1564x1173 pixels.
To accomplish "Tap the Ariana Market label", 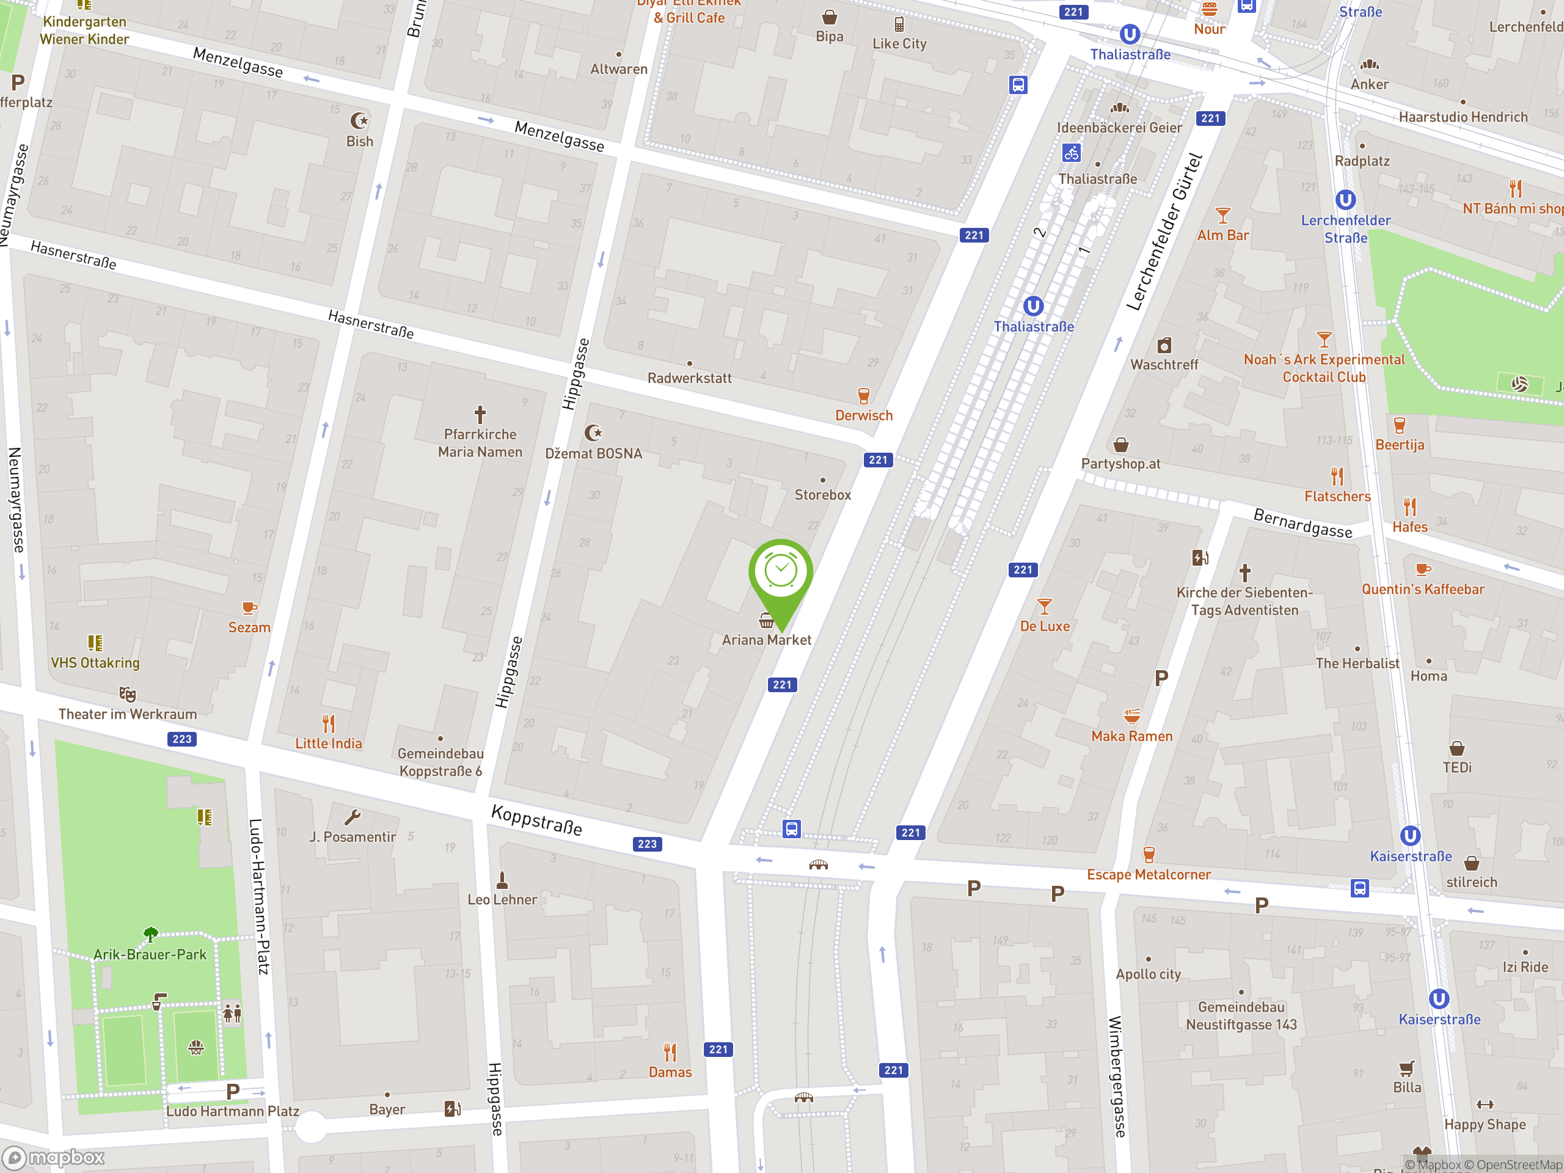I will pyautogui.click(x=767, y=640).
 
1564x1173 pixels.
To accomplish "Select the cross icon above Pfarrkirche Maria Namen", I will pyautogui.click(x=480, y=414).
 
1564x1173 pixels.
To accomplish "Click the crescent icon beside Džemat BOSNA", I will pyautogui.click(x=593, y=432).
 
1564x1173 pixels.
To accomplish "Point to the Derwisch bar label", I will pyautogui.click(x=863, y=416).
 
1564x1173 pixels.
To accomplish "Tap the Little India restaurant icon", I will pyautogui.click(x=328, y=724).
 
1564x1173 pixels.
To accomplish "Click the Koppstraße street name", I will pyautogui.click(x=536, y=820).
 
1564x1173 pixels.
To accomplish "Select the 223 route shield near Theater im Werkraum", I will pyautogui.click(x=181, y=739).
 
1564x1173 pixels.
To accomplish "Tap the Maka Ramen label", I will pyautogui.click(x=1131, y=736).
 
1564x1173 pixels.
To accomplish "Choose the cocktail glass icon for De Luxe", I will pyautogui.click(x=1044, y=607).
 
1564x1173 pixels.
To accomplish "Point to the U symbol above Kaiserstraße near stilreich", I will pyautogui.click(x=1410, y=836).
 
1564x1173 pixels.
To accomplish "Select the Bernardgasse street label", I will pyautogui.click(x=1303, y=523).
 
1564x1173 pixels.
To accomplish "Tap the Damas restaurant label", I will pyautogui.click(x=670, y=1072).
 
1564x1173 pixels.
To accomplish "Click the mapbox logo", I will pyautogui.click(x=54, y=1158).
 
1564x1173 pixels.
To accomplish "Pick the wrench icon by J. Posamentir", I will pyautogui.click(x=352, y=818).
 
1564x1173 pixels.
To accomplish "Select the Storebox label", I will pyautogui.click(x=822, y=495).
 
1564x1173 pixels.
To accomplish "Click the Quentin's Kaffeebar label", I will pyautogui.click(x=1423, y=589).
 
